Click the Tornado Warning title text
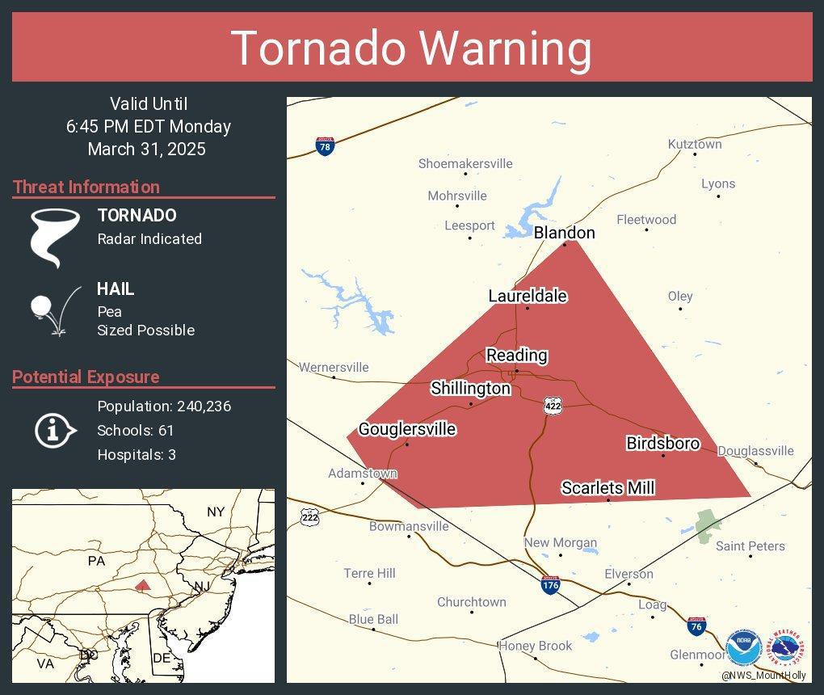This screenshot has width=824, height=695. click(411, 48)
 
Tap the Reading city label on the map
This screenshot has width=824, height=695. click(516, 355)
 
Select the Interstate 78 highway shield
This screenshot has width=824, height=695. click(324, 146)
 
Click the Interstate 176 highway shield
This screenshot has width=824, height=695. click(550, 585)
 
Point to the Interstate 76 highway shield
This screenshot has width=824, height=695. click(696, 625)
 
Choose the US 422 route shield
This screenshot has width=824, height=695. click(553, 406)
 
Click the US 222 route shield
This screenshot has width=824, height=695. click(309, 517)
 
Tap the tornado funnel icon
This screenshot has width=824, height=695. click(55, 237)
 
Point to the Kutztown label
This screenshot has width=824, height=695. click(695, 144)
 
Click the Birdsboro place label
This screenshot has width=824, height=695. click(662, 443)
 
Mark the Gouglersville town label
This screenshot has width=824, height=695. click(407, 429)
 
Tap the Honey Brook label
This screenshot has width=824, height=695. click(535, 646)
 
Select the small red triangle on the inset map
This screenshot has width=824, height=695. click(142, 584)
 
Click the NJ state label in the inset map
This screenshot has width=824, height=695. click(202, 586)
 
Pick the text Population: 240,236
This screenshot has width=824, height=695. click(164, 406)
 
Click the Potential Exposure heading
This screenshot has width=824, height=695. click(86, 377)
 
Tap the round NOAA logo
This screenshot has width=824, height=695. click(743, 649)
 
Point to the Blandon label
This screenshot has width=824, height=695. click(564, 233)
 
